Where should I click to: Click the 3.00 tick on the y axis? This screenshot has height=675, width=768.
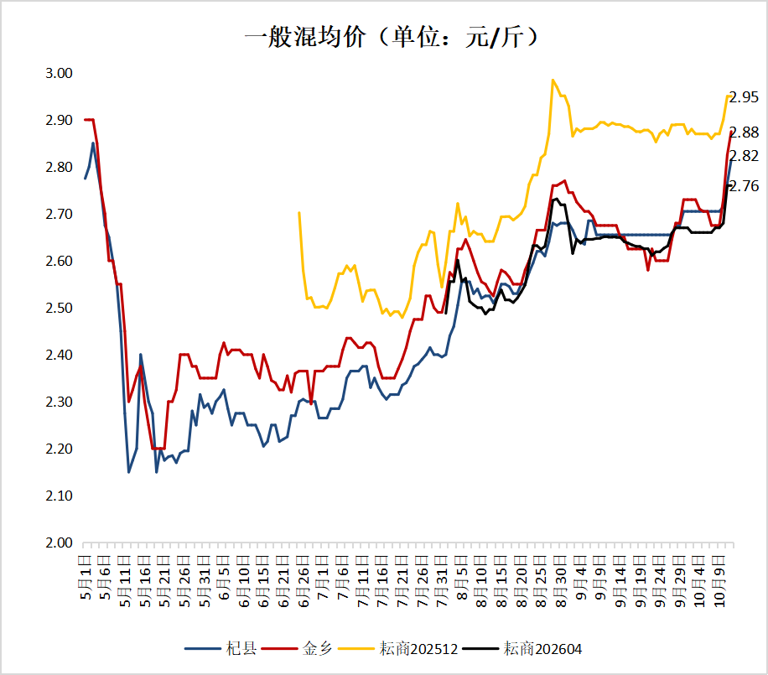click(59, 74)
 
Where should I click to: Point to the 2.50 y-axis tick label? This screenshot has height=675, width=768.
click(59, 309)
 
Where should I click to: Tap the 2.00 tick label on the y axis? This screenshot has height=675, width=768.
click(59, 543)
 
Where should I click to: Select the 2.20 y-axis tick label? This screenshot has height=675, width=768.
click(59, 449)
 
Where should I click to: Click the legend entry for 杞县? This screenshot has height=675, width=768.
click(221, 648)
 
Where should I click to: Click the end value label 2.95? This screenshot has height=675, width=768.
click(745, 97)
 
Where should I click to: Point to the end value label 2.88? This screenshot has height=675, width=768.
click(745, 132)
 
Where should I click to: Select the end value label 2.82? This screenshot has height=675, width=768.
click(745, 156)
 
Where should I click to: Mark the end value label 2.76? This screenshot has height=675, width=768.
click(745, 186)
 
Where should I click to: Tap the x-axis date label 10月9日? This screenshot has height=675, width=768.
click(719, 579)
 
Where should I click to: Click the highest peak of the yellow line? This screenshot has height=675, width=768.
click(553, 80)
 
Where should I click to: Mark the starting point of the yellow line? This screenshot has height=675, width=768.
click(299, 212)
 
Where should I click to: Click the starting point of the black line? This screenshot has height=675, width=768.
click(446, 312)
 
